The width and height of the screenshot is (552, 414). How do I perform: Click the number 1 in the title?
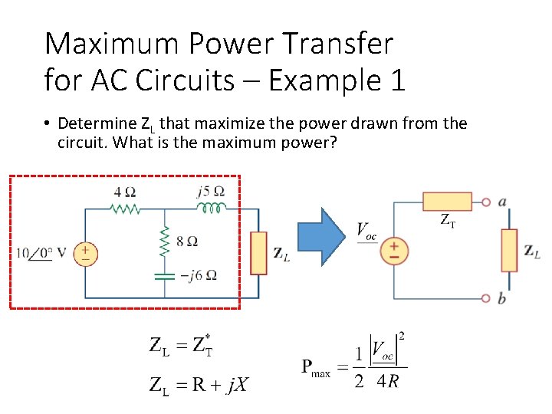pyautogui.click(x=396, y=80)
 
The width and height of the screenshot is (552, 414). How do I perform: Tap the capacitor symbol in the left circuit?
pyautogui.click(x=163, y=274)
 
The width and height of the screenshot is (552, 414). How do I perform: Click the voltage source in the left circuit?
pyautogui.click(x=85, y=253)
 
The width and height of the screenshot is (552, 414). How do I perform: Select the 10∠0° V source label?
pyautogui.click(x=41, y=253)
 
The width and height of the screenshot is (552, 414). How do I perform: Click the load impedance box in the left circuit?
pyautogui.click(x=258, y=252)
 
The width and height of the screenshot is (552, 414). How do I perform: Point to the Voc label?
pyautogui.click(x=366, y=232)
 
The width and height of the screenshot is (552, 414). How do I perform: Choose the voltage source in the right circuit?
pyautogui.click(x=394, y=251)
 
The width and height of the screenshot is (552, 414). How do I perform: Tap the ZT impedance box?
pyautogui.click(x=447, y=202)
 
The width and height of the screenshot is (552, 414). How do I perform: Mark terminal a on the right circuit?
pyautogui.click(x=486, y=202)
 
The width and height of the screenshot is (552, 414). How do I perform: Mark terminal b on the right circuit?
pyautogui.click(x=486, y=297)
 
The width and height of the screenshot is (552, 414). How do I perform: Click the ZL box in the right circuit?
pyautogui.click(x=510, y=250)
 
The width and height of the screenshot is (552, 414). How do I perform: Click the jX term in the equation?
pyautogui.click(x=238, y=385)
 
